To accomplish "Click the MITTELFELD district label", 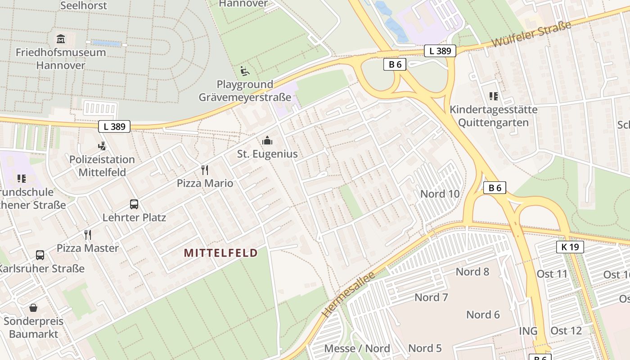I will [220, 253].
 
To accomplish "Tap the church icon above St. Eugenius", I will [267, 140].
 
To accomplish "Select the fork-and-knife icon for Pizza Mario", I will [205, 170].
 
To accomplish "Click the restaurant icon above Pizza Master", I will [88, 234].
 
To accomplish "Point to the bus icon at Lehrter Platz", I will [134, 204].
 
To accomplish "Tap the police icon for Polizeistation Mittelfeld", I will [102, 146].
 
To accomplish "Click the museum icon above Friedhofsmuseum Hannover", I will [61, 39].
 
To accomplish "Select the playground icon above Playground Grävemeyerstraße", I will [244, 71].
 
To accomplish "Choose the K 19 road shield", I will [570, 247].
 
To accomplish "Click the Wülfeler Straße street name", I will [531, 34].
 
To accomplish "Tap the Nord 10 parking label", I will [440, 194].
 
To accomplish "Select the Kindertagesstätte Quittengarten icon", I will [494, 96].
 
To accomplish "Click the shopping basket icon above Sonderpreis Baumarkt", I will [33, 308].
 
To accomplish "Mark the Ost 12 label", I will [566, 331].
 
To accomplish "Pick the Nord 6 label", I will [483, 315].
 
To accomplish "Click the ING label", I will [528, 331].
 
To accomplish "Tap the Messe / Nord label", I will [357, 348].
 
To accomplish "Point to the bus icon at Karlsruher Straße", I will [40, 255].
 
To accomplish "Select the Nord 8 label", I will [472, 271].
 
